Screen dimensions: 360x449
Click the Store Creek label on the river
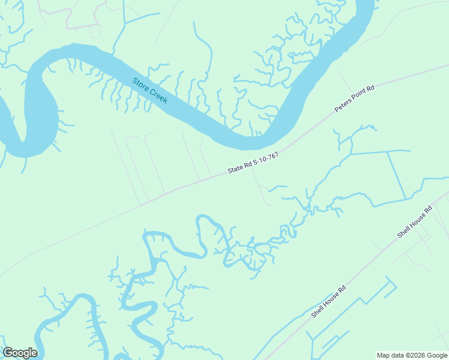pyautogui.click(x=150, y=90)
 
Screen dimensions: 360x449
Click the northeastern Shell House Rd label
pyautogui.click(x=415, y=222)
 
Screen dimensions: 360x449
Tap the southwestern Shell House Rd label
pyautogui.click(x=329, y=301)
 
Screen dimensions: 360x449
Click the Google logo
pyautogui.click(x=20, y=353)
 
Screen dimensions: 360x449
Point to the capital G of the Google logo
pyautogui.click(x=8, y=353)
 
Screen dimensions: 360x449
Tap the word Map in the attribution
pyautogui.click(x=383, y=355)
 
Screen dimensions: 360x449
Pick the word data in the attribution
pyautogui.click(x=397, y=355)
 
